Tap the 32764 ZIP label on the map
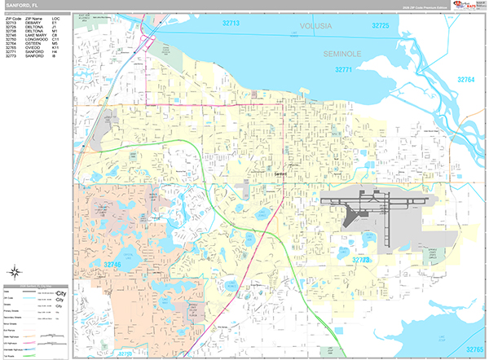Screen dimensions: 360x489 pyautogui.click(x=465, y=80)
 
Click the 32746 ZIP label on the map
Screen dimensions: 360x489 pyautogui.click(x=112, y=265)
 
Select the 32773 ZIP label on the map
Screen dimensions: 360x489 pyautogui.click(x=360, y=260)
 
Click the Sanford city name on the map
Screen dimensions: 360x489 pyautogui.click(x=281, y=173)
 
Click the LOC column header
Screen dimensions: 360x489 pyautogui.click(x=55, y=17)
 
